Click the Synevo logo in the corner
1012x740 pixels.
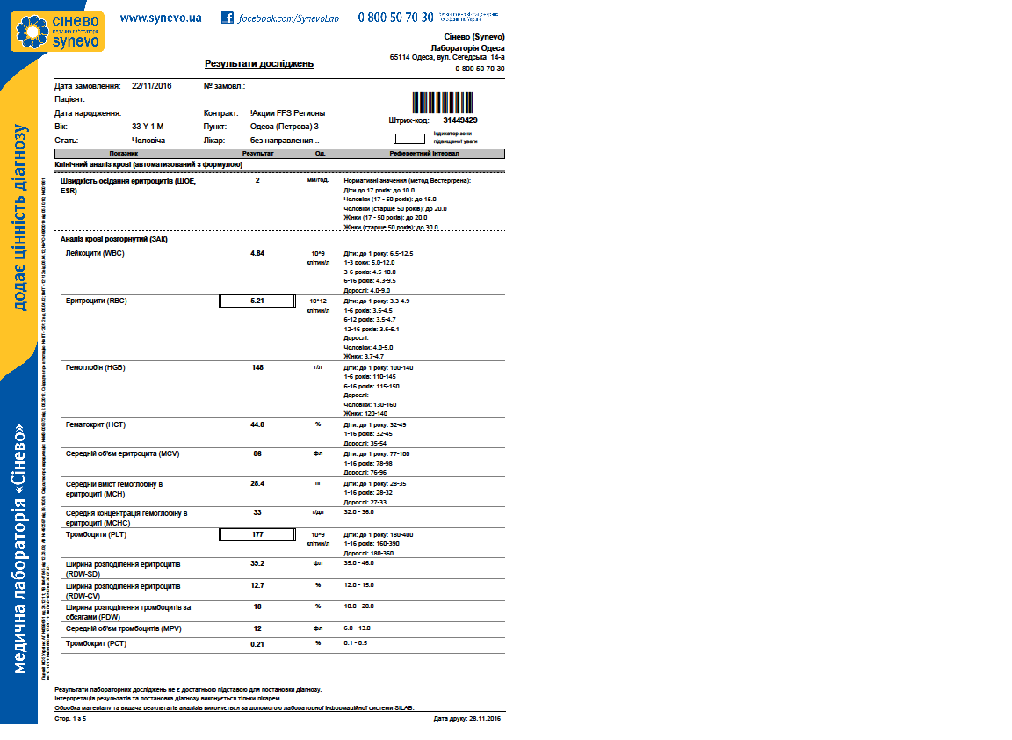(57, 31)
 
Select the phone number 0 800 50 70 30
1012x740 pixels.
(395, 18)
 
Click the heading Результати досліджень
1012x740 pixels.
(259, 64)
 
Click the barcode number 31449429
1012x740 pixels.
(460, 120)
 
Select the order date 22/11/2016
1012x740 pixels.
(152, 86)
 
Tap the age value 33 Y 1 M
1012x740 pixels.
(148, 127)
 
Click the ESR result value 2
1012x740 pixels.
(257, 180)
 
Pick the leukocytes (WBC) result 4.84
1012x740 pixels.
(257, 253)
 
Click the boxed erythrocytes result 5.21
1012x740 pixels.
(257, 301)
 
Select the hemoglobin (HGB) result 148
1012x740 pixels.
(257, 367)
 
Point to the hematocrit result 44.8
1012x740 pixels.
(257, 424)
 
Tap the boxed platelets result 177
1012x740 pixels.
(257, 534)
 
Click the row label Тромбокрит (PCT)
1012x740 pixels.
(97, 644)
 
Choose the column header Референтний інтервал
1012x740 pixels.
(424, 154)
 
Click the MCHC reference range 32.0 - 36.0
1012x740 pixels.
(360, 511)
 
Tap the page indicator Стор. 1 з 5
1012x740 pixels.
(71, 718)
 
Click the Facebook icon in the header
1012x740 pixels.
(228, 18)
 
